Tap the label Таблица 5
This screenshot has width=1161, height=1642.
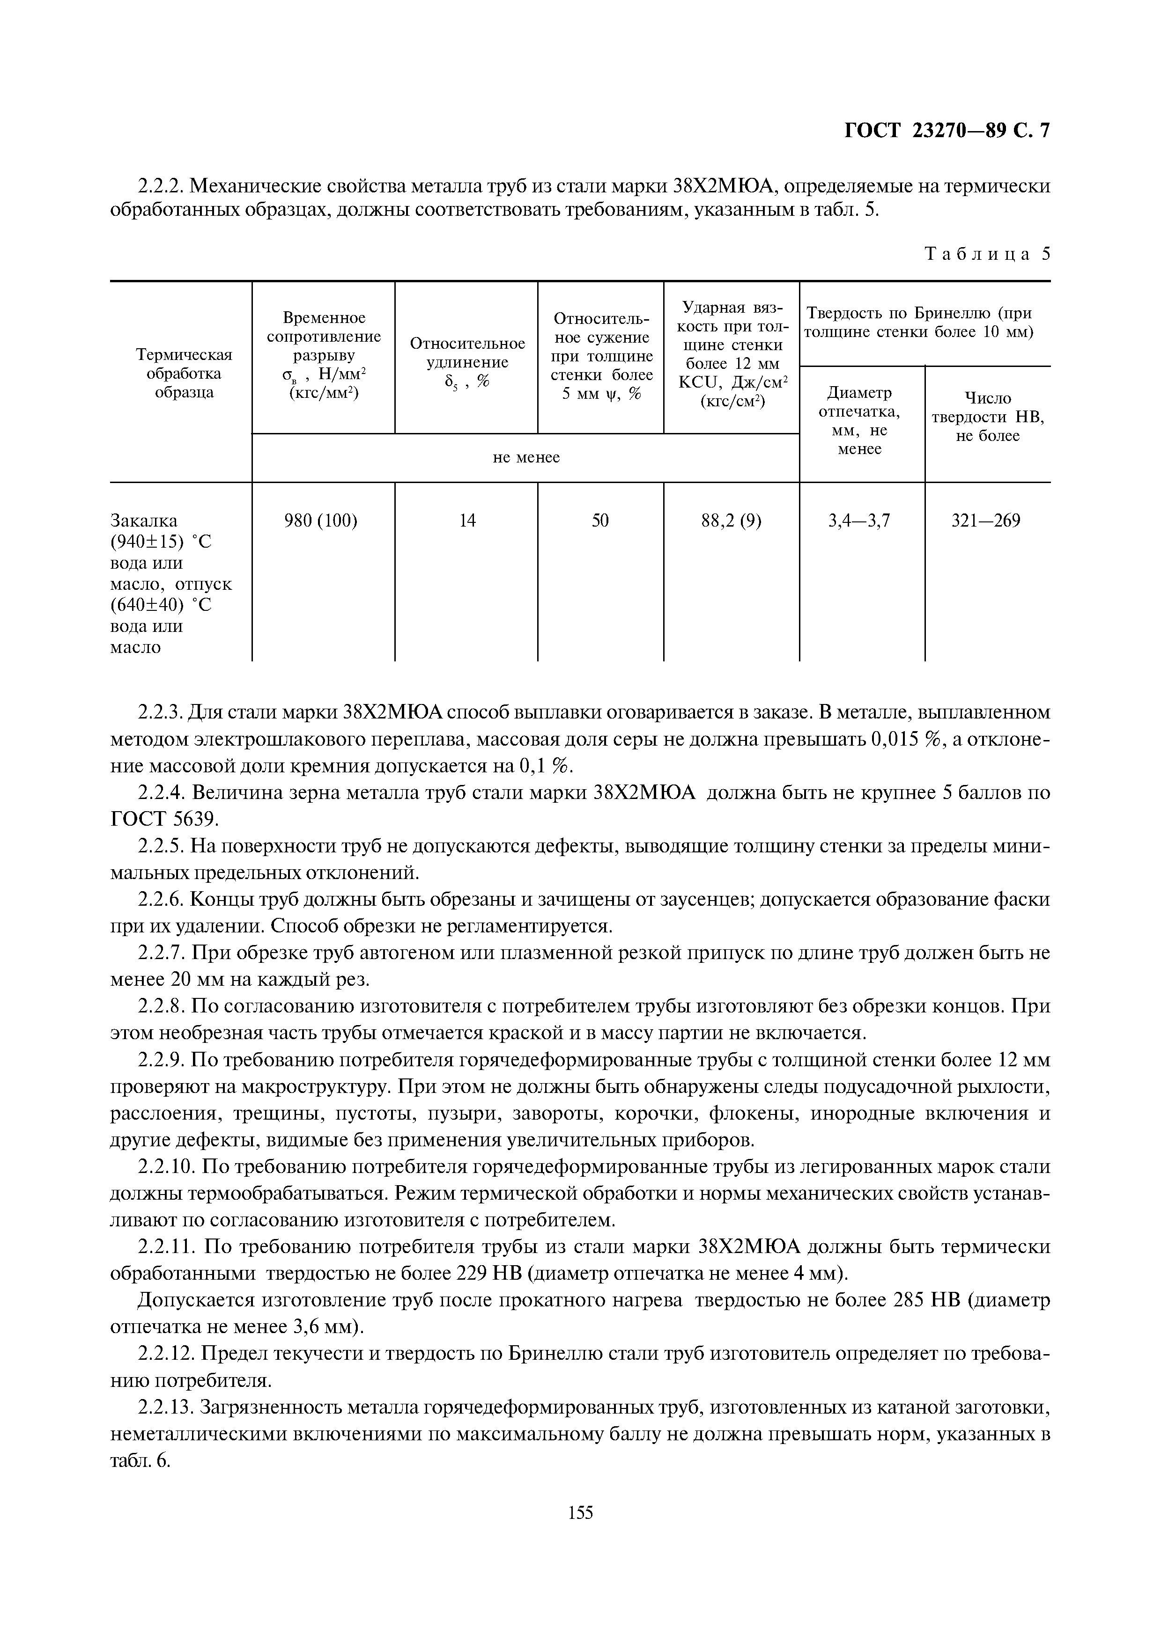987,255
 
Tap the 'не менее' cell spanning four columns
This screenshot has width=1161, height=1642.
526,458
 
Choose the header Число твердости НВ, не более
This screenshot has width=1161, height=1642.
987,417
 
